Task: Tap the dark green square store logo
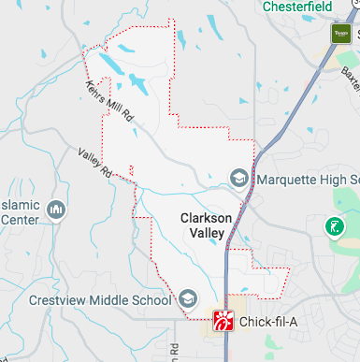click(x=340, y=35)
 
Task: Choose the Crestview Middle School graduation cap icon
click(x=188, y=299)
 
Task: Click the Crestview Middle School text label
click(x=100, y=300)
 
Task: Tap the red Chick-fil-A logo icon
click(x=223, y=323)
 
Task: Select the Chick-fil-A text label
click(x=268, y=323)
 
